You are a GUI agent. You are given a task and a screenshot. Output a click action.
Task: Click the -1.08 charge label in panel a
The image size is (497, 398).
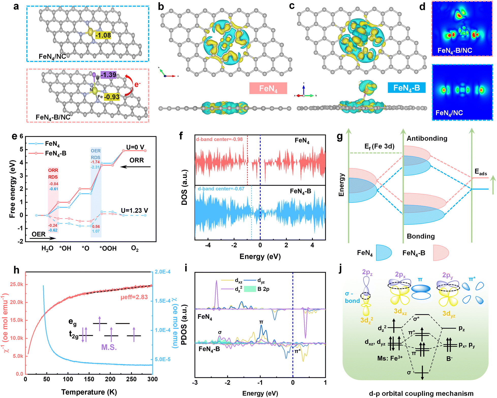tap(103, 35)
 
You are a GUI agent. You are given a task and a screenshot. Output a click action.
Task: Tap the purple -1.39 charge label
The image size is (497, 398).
tap(108, 75)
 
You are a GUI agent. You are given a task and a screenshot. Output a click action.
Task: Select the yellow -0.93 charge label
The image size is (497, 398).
tap(112, 97)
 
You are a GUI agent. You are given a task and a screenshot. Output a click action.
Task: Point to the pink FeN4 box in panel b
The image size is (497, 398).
tap(268, 88)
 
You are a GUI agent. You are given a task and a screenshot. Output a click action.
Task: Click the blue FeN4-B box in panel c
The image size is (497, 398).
tap(407, 88)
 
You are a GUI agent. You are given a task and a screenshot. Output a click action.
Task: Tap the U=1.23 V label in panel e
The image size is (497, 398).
tap(134, 210)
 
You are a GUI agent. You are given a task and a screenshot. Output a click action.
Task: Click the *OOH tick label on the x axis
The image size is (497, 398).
tap(108, 248)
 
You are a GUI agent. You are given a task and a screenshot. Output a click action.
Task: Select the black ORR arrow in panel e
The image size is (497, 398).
tap(135, 167)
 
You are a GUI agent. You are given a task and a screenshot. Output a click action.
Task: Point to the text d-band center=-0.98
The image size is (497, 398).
tap(219, 139)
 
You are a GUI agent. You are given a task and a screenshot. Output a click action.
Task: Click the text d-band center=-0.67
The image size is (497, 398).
tap(221, 189)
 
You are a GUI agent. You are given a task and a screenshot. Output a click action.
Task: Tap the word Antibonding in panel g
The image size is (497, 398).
tap(427, 139)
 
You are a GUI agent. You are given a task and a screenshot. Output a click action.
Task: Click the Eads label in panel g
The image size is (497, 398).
tap(481, 172)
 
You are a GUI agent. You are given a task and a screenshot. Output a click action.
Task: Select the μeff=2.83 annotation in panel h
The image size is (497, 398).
tap(134, 297)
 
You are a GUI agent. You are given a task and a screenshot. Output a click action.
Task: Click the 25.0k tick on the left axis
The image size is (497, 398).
tap(17, 284)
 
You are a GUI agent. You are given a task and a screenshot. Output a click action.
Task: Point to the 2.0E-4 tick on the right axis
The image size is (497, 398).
tap(163, 272)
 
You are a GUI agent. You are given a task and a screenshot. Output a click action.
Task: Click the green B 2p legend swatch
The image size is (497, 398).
tap(250, 289)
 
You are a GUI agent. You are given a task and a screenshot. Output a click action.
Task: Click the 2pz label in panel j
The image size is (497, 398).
tap(367, 272)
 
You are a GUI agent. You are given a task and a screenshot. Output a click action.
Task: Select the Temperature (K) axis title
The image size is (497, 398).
tap(89, 392)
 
